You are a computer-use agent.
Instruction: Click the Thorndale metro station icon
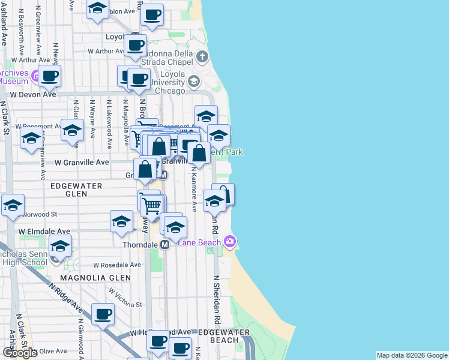click(164, 245)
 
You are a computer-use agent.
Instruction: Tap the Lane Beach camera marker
click(229, 241)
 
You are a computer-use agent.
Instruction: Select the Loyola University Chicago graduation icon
click(193, 81)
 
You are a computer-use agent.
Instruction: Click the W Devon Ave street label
click(33, 94)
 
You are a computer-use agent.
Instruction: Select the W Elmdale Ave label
click(44, 231)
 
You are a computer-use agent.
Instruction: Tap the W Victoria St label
click(125, 299)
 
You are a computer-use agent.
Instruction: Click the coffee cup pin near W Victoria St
click(103, 313)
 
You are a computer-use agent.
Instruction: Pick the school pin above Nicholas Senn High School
click(60, 245)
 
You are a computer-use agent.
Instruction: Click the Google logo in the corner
click(20, 353)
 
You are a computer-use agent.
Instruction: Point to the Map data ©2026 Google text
click(411, 355)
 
